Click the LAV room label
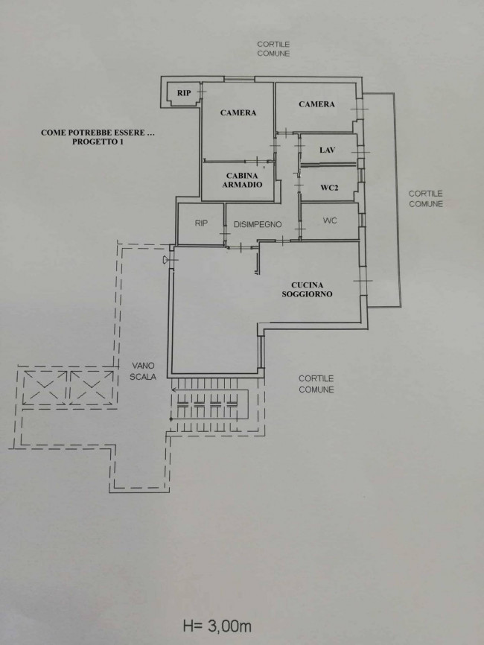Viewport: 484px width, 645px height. coord(327,150)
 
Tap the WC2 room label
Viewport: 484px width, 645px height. coord(329,188)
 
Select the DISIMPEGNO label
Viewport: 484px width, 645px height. coord(258,225)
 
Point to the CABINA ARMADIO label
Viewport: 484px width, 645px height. coord(242,180)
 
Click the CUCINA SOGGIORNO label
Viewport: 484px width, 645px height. coord(308,290)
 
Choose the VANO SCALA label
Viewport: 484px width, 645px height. coord(143,371)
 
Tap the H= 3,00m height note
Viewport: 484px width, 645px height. coord(217,626)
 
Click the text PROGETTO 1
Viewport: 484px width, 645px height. coord(98,142)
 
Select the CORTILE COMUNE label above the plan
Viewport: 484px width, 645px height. coord(273,49)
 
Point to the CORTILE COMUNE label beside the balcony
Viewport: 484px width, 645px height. coord(426,199)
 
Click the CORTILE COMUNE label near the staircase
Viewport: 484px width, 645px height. coord(316,384)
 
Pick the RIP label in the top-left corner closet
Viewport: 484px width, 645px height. coord(184,93)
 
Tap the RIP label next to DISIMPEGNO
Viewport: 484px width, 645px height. coord(201,223)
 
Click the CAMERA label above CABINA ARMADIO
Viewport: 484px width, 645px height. coord(238,112)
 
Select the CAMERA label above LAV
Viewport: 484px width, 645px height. coord(316,104)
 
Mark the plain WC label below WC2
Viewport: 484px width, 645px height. coord(330,221)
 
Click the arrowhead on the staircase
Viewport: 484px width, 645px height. coord(174,390)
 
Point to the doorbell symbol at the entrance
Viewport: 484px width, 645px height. coord(165,259)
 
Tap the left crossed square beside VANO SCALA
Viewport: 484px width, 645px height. coord(45,387)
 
